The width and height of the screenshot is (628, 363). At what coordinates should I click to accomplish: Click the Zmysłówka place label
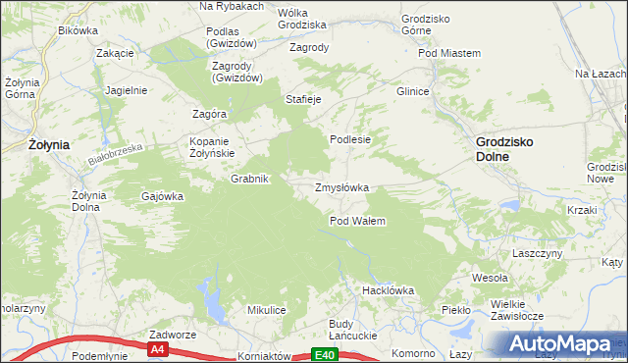(340, 186)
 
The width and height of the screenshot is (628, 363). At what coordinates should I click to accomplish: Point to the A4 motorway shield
(157, 348)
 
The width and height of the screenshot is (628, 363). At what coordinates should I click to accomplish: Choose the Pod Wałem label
(357, 221)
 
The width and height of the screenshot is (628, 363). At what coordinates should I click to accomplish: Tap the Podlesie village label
(349, 139)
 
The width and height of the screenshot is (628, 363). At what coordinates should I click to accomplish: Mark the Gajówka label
(163, 196)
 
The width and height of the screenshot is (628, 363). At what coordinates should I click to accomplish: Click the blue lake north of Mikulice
(210, 299)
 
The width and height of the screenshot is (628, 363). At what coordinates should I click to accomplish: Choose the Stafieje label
(303, 99)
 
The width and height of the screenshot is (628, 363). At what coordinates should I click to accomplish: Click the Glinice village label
(412, 91)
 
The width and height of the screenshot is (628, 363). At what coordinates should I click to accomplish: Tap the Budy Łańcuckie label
(353, 330)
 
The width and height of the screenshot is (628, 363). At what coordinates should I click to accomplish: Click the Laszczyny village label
(538, 252)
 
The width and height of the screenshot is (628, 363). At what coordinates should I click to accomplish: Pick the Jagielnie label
(125, 89)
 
